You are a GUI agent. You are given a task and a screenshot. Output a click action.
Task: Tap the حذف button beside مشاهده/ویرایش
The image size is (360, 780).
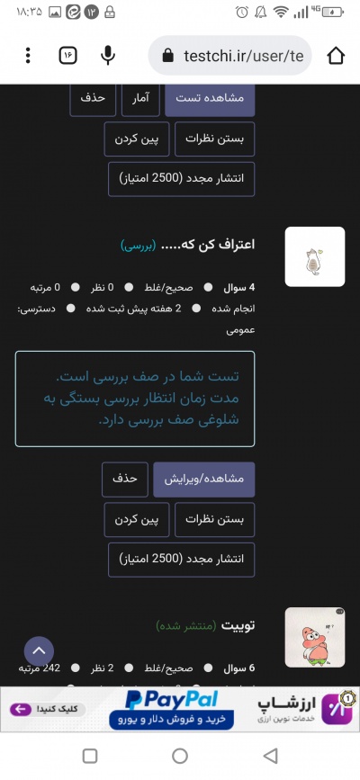tap(124, 480)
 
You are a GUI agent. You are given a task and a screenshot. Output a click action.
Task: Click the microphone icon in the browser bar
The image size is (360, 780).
tap(108, 56)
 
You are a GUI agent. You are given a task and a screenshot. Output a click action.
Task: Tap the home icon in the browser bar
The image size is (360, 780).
tap(336, 56)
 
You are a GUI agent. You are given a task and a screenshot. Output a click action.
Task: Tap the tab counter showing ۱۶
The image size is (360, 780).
tap(67, 56)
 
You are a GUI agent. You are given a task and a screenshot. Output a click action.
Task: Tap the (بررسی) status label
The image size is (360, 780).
tap(139, 245)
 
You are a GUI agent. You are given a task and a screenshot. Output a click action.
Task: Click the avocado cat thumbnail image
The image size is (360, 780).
tap(314, 256)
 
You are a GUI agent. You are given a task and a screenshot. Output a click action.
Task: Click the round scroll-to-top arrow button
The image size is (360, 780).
tap(39, 651)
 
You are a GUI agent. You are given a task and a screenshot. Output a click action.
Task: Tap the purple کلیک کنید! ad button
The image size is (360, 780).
tap(42, 709)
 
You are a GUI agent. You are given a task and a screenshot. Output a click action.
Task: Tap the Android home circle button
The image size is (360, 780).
tap(180, 756)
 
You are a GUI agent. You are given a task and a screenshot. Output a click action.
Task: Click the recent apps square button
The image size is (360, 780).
tap(90, 756)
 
